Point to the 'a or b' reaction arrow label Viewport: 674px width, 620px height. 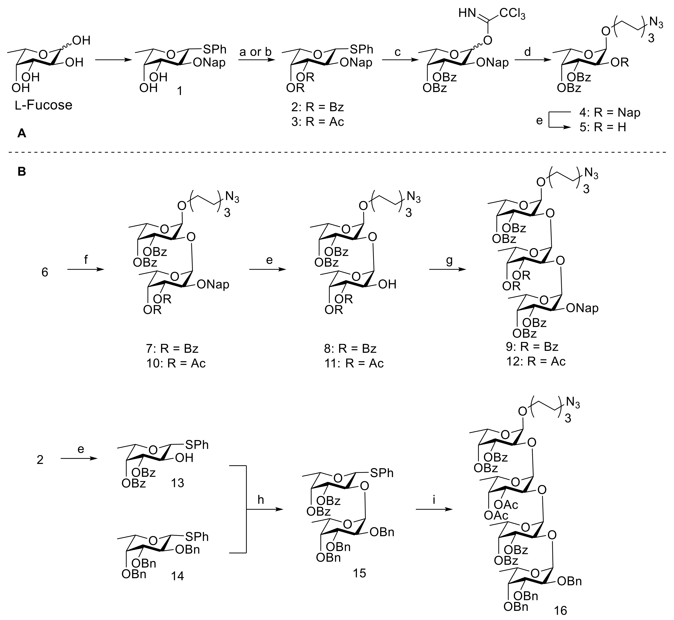click(255, 52)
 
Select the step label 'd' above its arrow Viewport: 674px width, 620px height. click(528, 52)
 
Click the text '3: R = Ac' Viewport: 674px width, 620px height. click(317, 122)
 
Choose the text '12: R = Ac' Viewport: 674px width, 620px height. click(536, 361)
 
